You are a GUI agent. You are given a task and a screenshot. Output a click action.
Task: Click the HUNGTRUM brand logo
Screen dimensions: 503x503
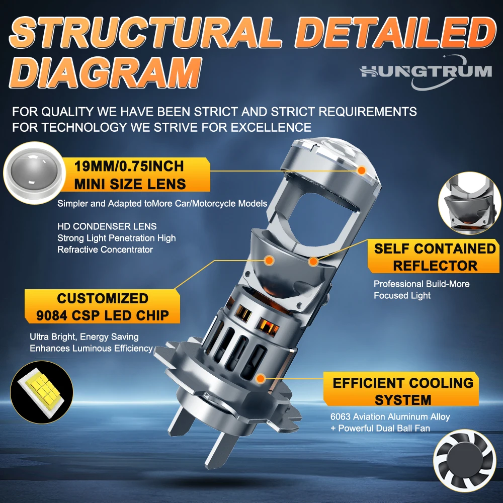[x=426, y=72]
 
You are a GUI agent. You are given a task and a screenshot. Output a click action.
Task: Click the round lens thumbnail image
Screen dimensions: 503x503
[x=34, y=173]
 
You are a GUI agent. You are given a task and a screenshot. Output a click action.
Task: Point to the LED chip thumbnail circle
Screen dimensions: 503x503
[x=42, y=392]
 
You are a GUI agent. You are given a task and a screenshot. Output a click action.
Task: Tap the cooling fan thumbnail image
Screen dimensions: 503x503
[x=464, y=461]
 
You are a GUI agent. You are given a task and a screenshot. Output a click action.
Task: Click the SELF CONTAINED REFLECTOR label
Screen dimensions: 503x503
[x=435, y=257]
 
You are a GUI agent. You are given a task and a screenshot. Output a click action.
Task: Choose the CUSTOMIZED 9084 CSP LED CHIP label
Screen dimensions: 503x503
[x=102, y=307]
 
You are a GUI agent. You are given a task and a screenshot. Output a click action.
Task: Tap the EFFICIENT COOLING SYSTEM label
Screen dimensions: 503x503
[x=403, y=391]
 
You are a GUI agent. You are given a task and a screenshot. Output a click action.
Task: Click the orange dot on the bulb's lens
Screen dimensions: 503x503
[x=362, y=171]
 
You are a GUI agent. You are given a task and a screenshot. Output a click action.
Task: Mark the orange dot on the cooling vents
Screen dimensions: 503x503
[x=261, y=379]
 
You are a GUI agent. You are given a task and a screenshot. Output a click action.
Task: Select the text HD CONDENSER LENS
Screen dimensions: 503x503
[x=107, y=226]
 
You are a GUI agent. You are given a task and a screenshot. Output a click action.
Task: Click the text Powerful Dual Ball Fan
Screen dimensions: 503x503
[x=384, y=428]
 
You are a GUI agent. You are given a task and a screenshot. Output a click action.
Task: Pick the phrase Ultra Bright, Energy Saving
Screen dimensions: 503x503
[x=84, y=337]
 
